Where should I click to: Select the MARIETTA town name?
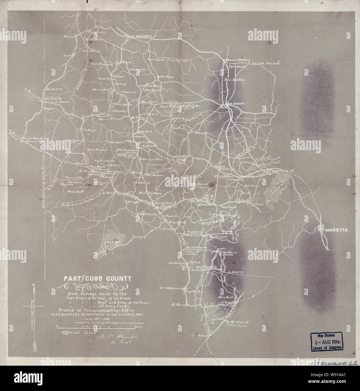click(337, 230)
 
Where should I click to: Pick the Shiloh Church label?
click(265, 64)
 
